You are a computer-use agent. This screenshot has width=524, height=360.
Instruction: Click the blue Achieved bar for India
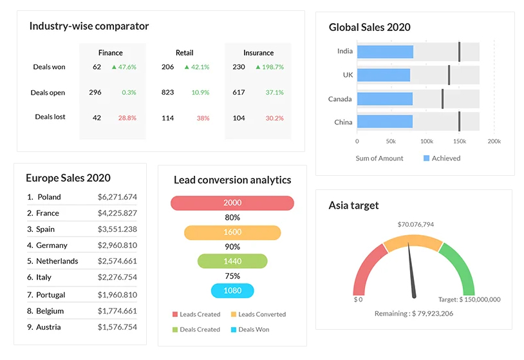[x=384, y=52]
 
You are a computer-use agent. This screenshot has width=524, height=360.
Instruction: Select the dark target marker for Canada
[x=442, y=99]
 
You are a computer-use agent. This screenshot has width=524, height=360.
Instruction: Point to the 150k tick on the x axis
[x=459, y=141]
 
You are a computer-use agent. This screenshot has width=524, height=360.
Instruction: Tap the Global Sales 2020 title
[x=370, y=27]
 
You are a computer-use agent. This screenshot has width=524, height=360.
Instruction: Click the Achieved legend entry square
[x=426, y=158]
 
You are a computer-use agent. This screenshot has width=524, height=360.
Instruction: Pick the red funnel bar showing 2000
[x=232, y=203]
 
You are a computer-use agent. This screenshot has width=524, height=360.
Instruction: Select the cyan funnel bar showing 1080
[x=232, y=290]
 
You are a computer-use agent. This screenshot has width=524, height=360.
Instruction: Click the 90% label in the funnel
[x=232, y=247]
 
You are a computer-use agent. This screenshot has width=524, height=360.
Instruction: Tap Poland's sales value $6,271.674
[x=117, y=197]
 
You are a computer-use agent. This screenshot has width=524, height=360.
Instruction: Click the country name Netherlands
[x=57, y=261]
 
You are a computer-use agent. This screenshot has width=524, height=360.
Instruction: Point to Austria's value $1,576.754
[x=117, y=327]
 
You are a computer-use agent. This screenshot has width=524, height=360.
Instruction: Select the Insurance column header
[x=258, y=53]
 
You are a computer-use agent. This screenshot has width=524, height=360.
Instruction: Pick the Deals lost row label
[x=50, y=117]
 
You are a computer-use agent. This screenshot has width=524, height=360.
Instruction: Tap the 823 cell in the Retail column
[x=167, y=92]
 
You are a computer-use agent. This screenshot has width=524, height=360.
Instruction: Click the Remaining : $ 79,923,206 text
[x=413, y=314]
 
